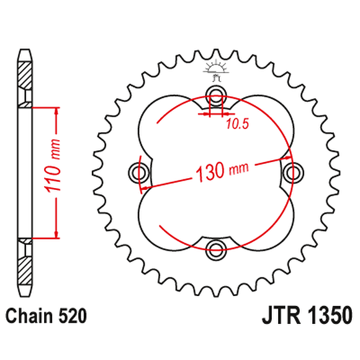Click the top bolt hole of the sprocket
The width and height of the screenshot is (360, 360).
[x=217, y=94]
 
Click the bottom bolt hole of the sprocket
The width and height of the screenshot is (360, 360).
[x=217, y=250]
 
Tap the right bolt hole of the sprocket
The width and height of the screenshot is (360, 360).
[x=294, y=171]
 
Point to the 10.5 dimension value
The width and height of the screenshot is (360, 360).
[x=237, y=125]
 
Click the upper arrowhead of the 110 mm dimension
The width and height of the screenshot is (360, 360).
[x=57, y=112]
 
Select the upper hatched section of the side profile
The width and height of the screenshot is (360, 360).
[x=24, y=81]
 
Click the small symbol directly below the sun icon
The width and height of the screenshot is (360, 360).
[x=217, y=78]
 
